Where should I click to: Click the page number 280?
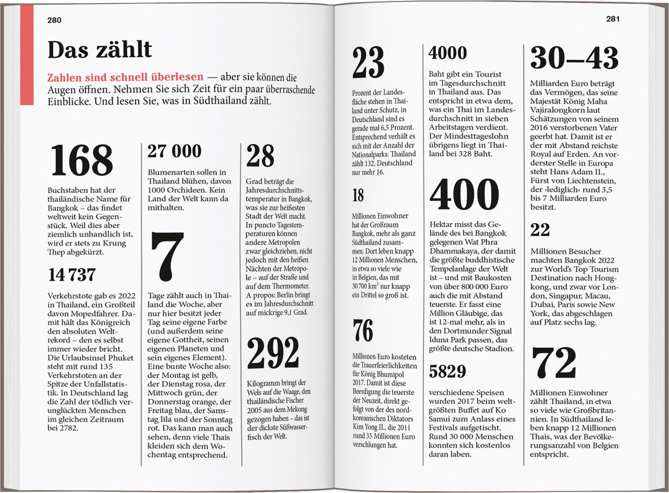pyautogui.click(x=54, y=20)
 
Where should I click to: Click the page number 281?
pyautogui.click(x=613, y=19)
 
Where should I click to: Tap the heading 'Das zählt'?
pyautogui.click(x=99, y=50)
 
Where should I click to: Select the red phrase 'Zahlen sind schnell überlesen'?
pyautogui.click(x=125, y=77)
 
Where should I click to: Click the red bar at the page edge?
pyautogui.click(x=27, y=54)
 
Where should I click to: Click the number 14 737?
pyautogui.click(x=72, y=275)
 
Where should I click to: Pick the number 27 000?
pyautogui.click(x=174, y=151)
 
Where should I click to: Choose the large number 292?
pyautogui.click(x=273, y=352)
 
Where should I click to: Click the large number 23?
pyautogui.click(x=368, y=63)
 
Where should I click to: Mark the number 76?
pyautogui.click(x=363, y=330)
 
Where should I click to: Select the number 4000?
pyautogui.click(x=447, y=53)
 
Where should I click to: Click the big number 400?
pyautogui.click(x=464, y=195)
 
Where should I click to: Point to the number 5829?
pyautogui.click(x=447, y=371)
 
